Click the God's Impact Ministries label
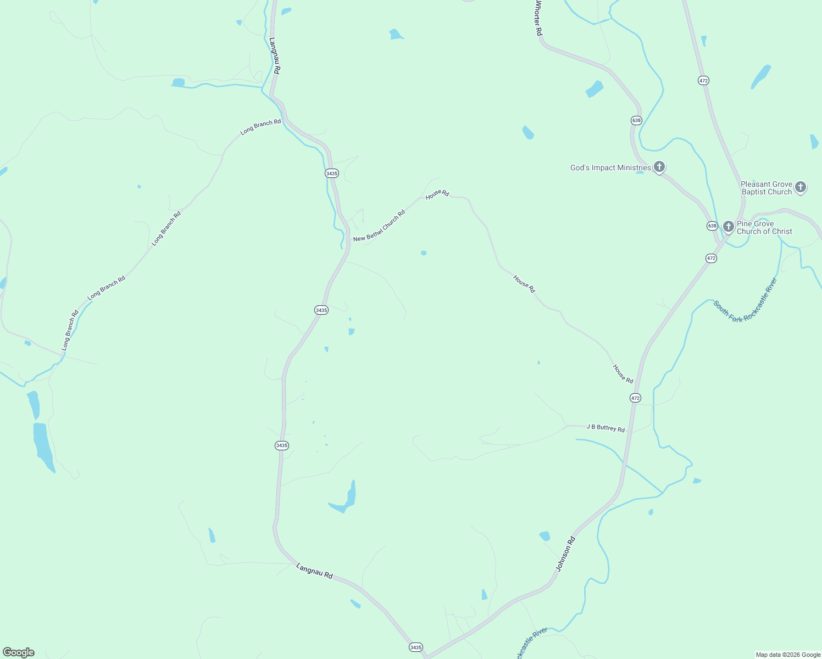pos(610,167)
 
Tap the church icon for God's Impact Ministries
pos(659,167)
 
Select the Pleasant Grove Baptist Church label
pos(767,188)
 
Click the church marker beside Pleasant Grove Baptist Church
pos(801,187)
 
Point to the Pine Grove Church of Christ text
pos(764,227)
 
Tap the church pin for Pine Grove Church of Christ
pos(729,226)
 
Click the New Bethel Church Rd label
pos(379,226)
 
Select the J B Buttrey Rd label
pos(606,428)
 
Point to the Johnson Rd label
pos(565,554)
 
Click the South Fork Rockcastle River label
pos(746,300)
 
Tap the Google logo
pos(19,652)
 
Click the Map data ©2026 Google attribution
pos(788,655)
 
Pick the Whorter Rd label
pos(538,19)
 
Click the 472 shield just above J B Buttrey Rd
pos(635,398)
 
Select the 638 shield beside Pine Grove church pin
pos(712,226)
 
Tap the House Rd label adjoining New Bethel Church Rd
pos(437,194)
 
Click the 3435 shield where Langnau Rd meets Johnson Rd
pos(416,647)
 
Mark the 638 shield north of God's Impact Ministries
pos(636,120)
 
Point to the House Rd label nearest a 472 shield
pos(623,374)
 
